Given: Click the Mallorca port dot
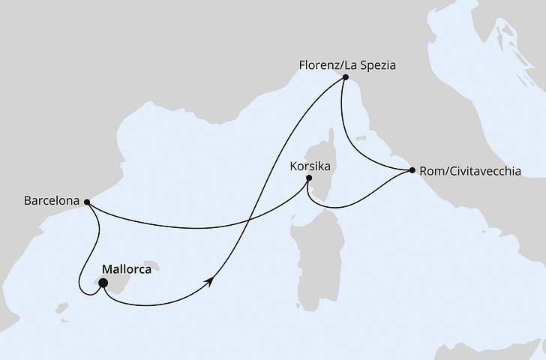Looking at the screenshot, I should (103, 283).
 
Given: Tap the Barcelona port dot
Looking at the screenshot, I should (87, 202).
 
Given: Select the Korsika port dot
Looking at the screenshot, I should (309, 178).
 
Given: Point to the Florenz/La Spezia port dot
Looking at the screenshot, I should (345, 77).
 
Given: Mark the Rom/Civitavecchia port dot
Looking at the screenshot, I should (412, 172).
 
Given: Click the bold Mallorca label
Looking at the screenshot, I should (125, 268).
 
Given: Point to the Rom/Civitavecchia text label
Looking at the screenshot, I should (470, 170).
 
